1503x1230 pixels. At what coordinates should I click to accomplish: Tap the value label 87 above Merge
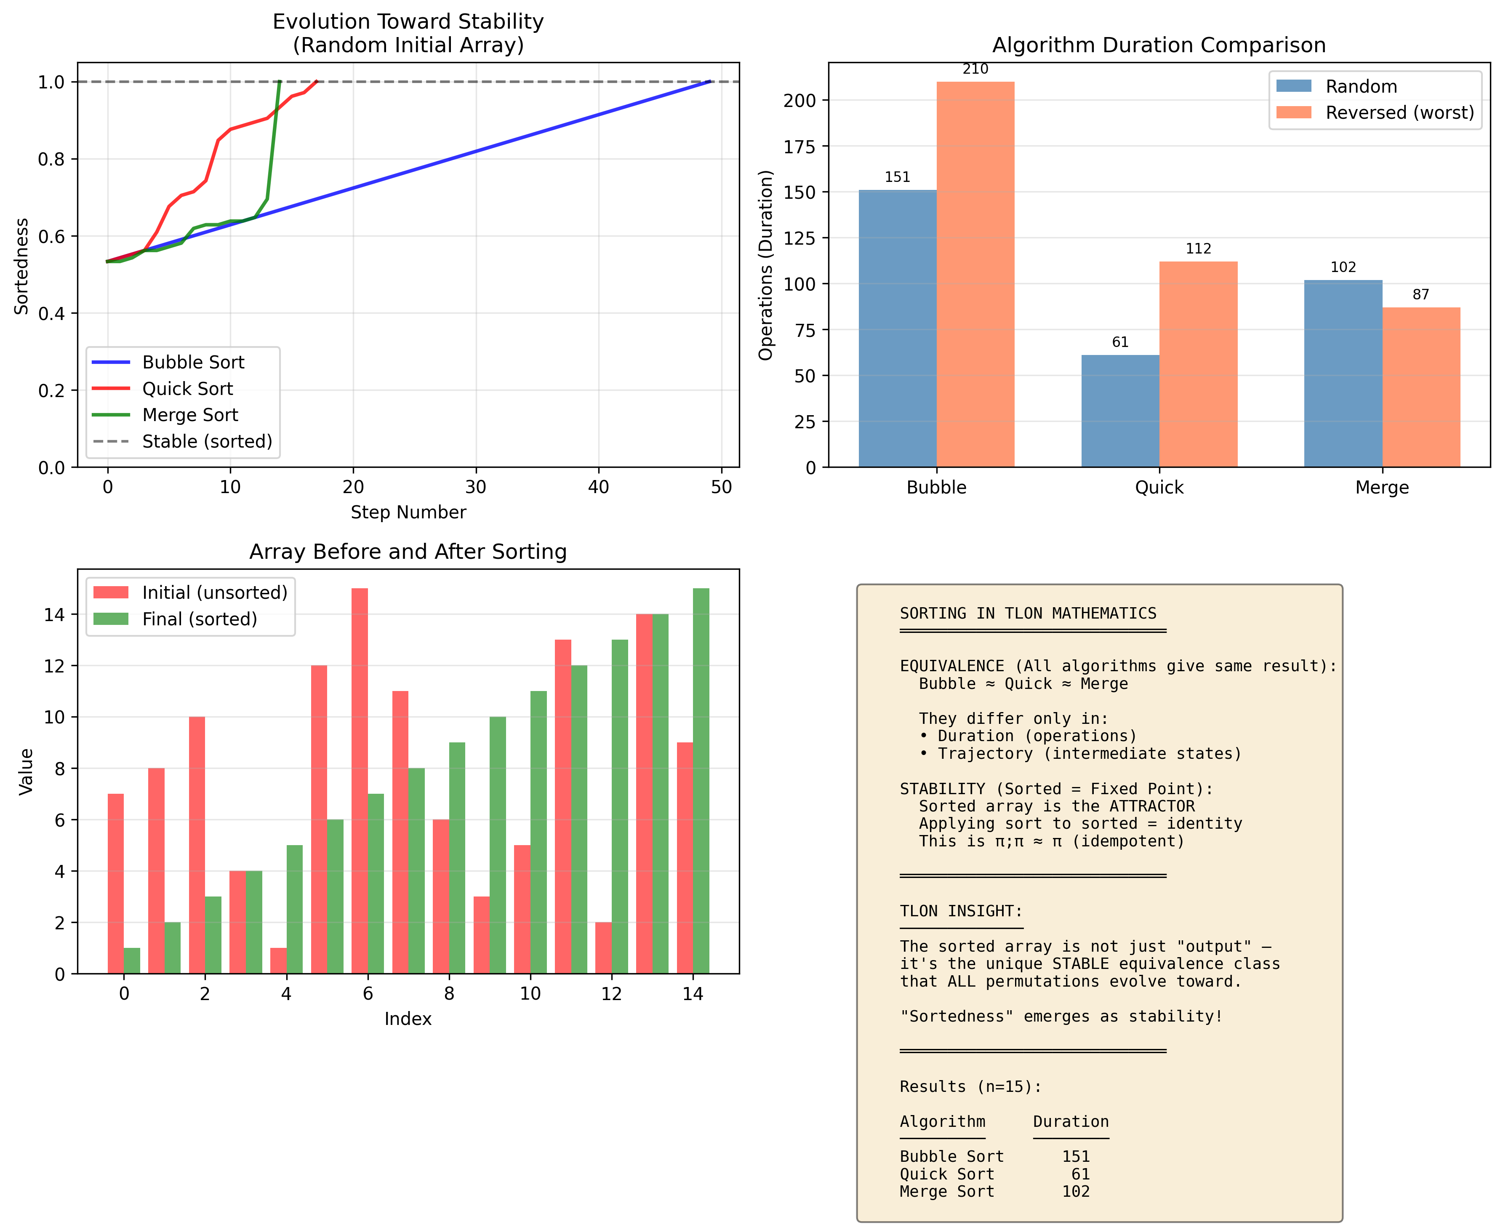point(1421,294)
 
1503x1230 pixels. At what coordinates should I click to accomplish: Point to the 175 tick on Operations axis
point(799,147)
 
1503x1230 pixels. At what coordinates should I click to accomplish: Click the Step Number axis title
point(408,512)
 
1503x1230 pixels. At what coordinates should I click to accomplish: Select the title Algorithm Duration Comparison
point(1158,45)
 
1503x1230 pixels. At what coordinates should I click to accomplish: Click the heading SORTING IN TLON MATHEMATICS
point(1028,614)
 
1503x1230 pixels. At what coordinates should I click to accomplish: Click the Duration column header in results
point(1070,1122)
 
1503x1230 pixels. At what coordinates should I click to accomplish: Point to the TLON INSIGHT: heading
point(961,911)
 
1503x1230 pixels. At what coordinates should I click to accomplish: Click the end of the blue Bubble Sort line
point(710,82)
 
